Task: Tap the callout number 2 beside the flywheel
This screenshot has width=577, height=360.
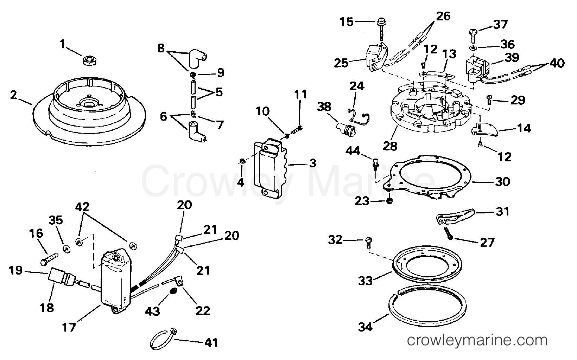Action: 14,95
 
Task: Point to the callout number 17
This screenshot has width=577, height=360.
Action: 69,328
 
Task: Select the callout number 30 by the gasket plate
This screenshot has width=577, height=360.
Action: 502,182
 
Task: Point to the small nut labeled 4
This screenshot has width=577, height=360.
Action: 242,161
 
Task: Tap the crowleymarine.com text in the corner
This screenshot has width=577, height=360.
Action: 477,341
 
